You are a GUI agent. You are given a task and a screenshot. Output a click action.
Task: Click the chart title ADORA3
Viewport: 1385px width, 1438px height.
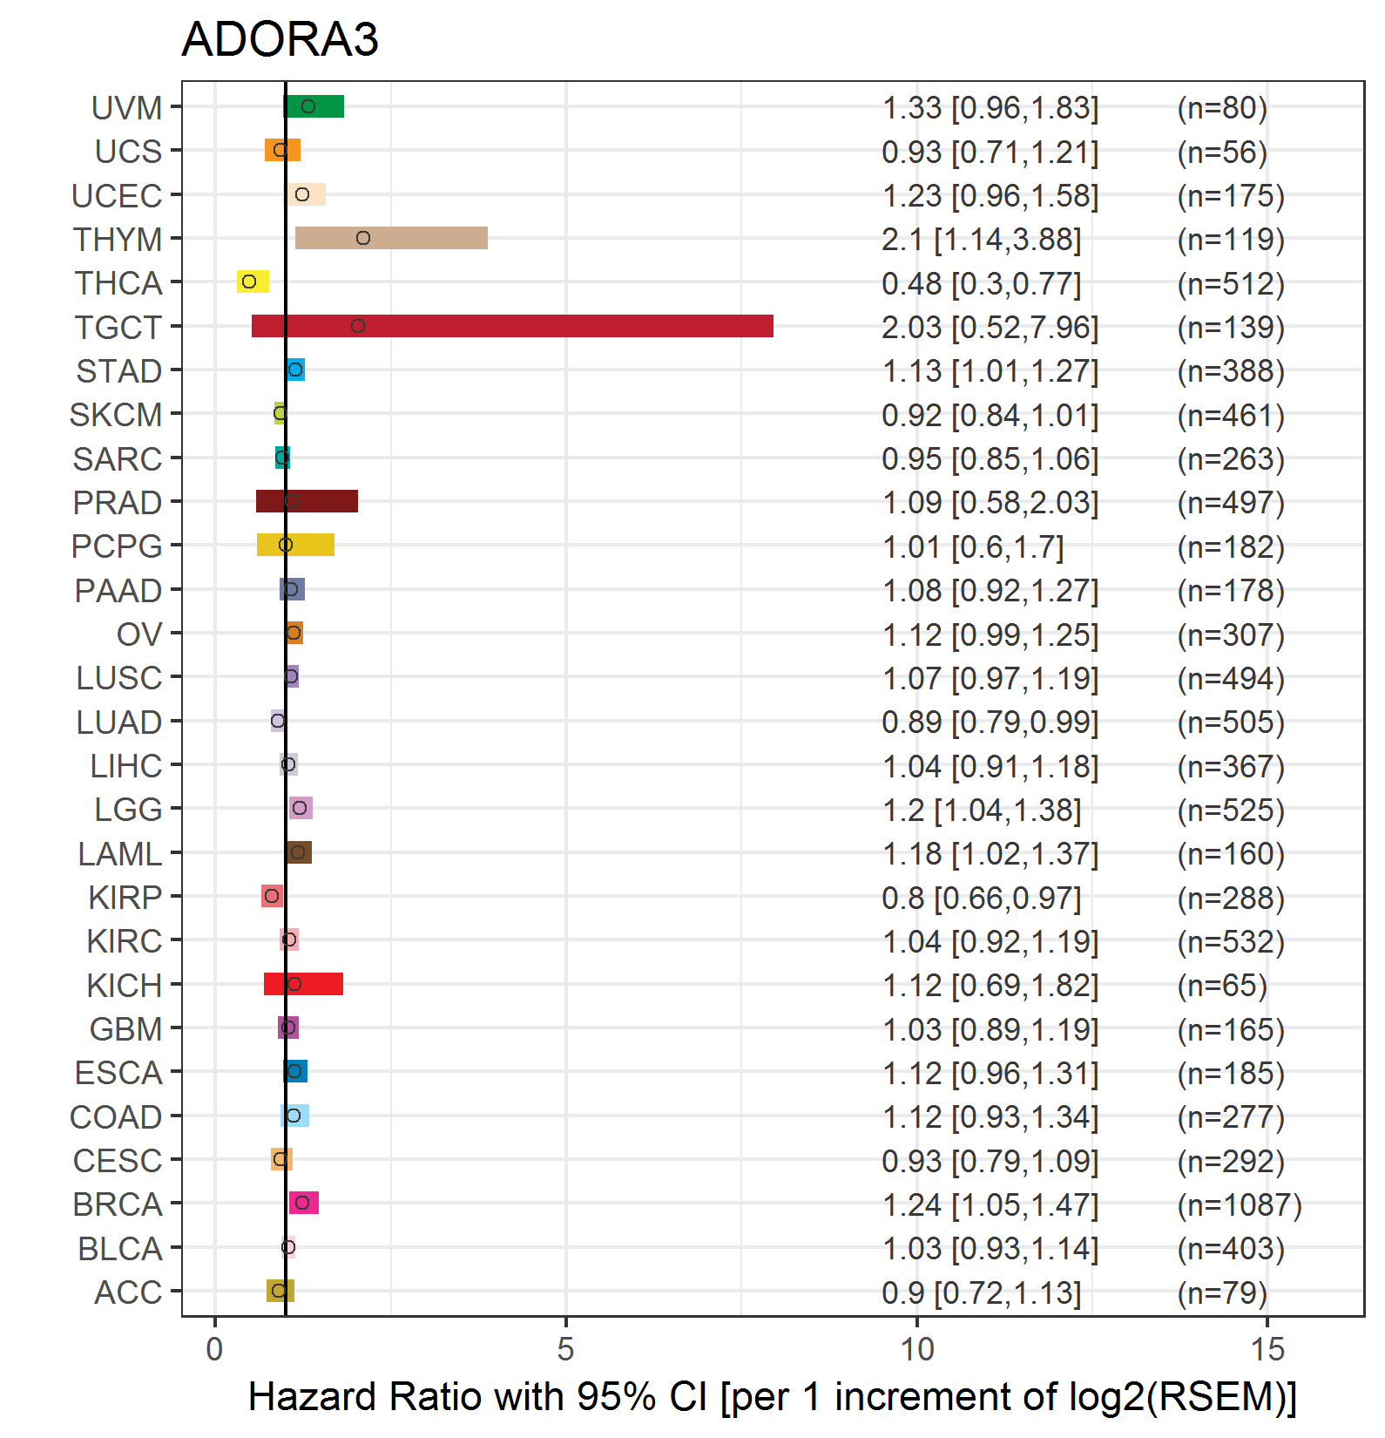280,39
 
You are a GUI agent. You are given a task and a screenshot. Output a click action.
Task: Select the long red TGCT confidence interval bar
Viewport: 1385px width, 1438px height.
512,326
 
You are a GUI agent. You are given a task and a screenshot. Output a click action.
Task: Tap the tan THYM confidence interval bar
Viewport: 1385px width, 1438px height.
391,238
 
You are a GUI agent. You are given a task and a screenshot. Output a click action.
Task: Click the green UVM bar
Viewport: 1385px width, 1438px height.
314,106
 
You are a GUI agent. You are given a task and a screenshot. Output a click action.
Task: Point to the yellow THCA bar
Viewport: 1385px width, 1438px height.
253,281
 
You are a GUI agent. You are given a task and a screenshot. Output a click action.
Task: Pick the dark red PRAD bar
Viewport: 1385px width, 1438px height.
307,501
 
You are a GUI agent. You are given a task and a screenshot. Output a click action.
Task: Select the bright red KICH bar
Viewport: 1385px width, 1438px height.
303,984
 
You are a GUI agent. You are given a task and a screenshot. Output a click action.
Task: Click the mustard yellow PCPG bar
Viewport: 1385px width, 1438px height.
295,545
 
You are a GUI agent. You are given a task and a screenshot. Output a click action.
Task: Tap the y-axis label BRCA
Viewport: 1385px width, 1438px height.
118,1204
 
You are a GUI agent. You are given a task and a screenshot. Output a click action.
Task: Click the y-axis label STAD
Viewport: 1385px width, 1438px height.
119,371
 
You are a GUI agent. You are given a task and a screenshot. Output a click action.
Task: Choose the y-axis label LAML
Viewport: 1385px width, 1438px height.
120,854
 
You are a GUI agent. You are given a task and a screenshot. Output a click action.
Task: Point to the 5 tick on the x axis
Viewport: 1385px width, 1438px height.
566,1349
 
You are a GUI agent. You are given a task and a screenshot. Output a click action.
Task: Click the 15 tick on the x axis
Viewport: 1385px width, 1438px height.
1267,1349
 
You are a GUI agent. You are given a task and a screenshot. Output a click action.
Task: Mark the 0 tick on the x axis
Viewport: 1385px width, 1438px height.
215,1349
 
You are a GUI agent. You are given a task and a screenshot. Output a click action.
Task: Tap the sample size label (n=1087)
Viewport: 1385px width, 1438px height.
1240,1204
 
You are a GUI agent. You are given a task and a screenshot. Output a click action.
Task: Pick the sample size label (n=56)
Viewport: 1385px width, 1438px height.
1222,152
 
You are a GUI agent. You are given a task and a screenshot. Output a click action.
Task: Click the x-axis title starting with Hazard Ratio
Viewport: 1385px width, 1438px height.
773,1396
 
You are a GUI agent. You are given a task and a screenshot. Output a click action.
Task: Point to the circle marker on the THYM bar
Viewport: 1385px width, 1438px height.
363,238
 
